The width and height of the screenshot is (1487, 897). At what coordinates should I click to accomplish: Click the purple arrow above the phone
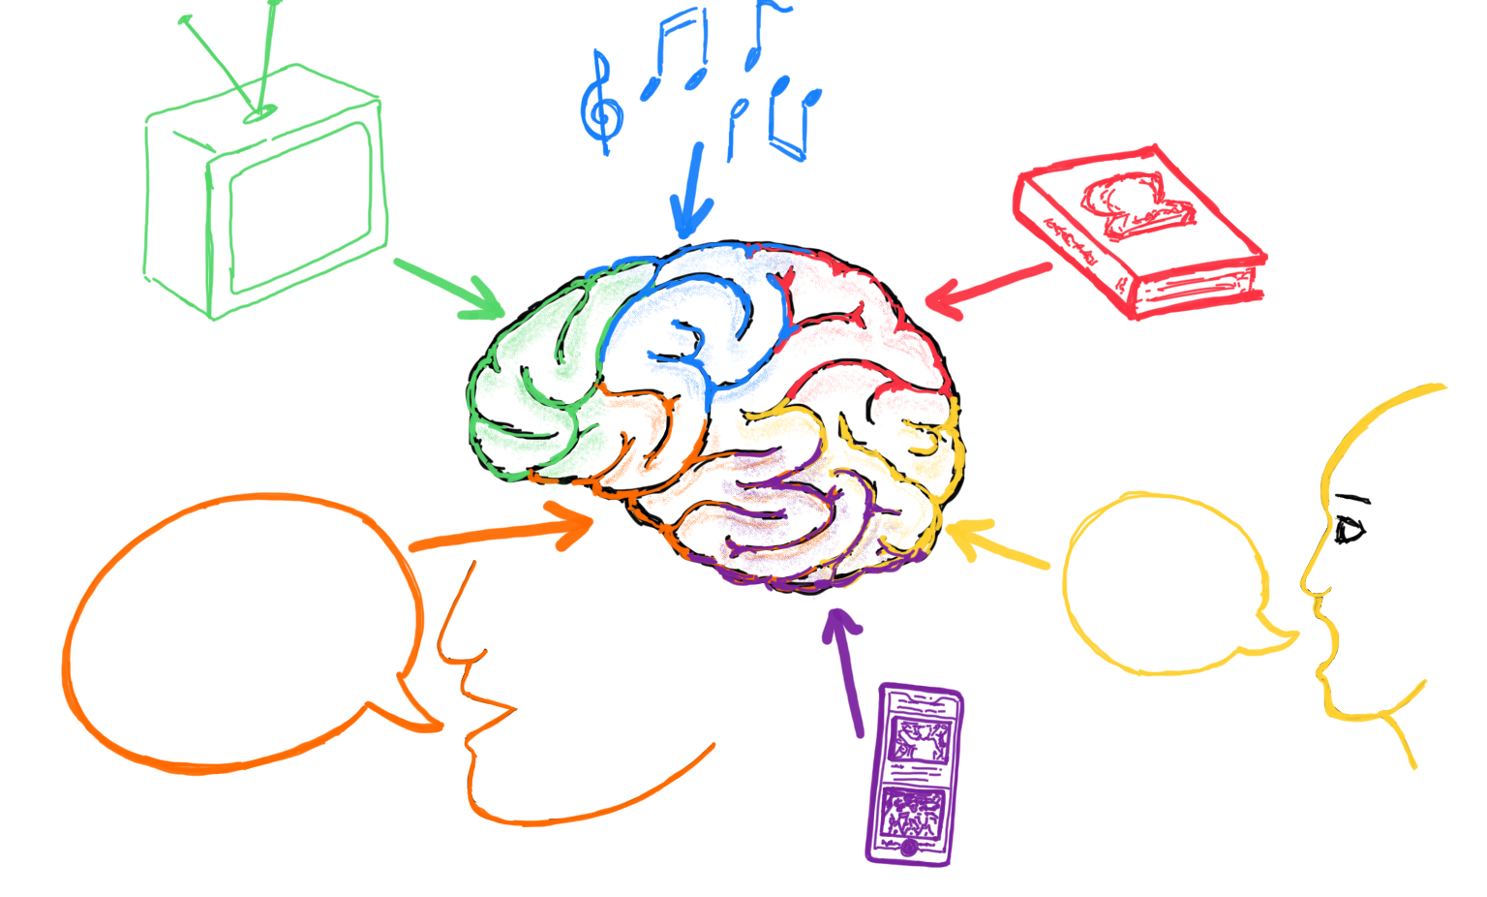pyautogui.click(x=848, y=668)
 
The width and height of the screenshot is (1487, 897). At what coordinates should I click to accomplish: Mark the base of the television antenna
pyautogui.click(x=259, y=113)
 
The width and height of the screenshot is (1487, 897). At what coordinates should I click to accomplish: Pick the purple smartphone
pyautogui.click(x=913, y=774)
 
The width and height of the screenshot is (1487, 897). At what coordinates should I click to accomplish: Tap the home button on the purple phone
pyautogui.click(x=909, y=849)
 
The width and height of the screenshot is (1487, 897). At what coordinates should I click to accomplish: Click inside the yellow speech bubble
pyautogui.click(x=1162, y=581)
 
